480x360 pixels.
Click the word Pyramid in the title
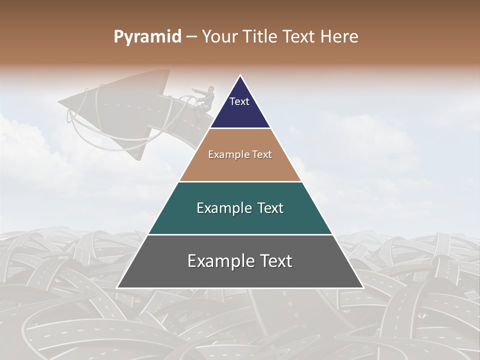147,37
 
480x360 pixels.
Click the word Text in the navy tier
239,101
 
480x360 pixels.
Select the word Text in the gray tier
275,261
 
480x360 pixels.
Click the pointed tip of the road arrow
59,103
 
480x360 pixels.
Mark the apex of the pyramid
240,76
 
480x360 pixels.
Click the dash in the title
191,37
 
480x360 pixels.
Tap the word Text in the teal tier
270,208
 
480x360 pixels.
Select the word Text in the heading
299,37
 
